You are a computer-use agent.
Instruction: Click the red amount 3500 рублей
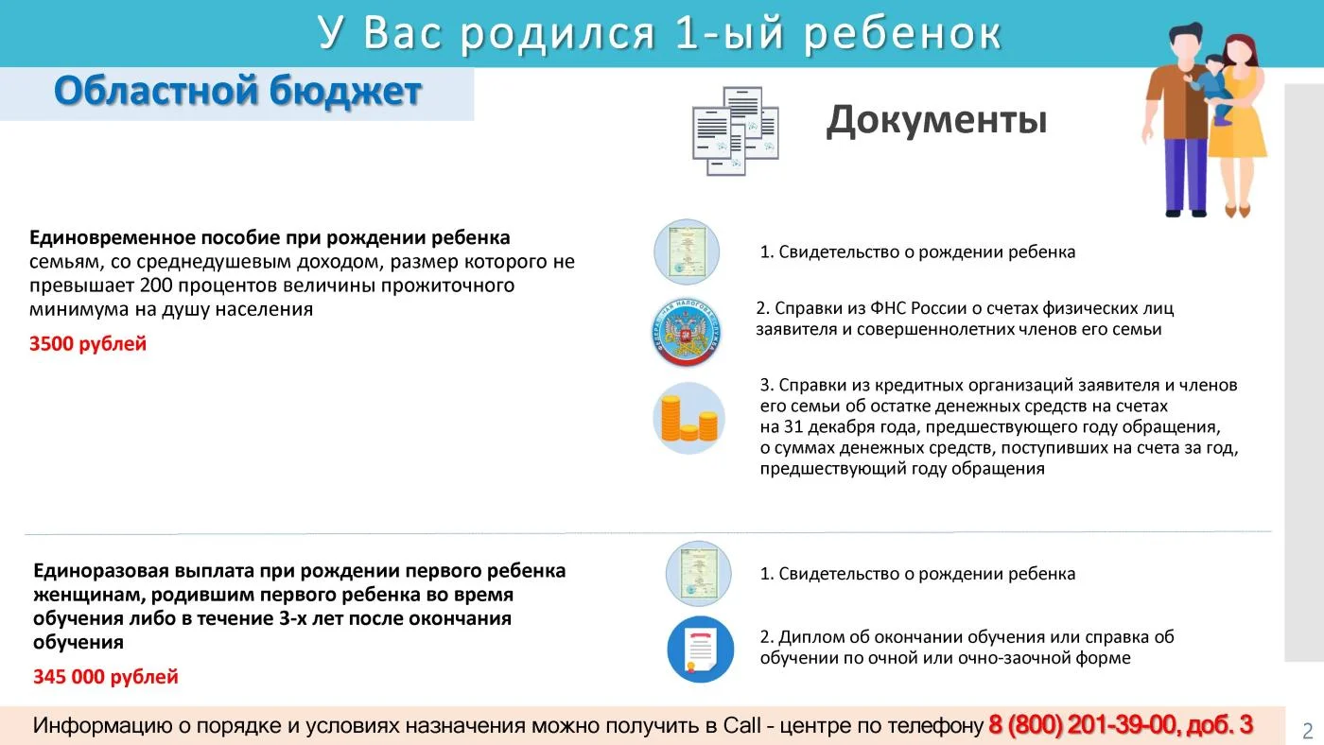(88, 344)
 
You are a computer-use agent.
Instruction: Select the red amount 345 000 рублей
(106, 677)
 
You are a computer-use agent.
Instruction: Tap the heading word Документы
(936, 120)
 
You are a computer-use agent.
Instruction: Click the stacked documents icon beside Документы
(736, 130)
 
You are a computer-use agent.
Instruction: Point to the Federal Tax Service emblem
(687, 332)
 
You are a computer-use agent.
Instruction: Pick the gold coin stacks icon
(688, 418)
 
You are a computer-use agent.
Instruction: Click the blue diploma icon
(701, 650)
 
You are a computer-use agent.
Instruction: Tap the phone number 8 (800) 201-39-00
(1081, 725)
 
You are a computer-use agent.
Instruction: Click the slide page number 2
(1307, 731)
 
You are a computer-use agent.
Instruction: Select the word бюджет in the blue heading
(345, 92)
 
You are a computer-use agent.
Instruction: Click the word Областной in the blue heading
(157, 91)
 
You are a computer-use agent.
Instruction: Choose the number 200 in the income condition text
(156, 286)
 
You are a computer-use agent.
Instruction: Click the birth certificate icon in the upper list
(687, 251)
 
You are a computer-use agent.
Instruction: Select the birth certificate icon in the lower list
(698, 574)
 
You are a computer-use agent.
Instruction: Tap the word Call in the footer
(741, 725)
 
